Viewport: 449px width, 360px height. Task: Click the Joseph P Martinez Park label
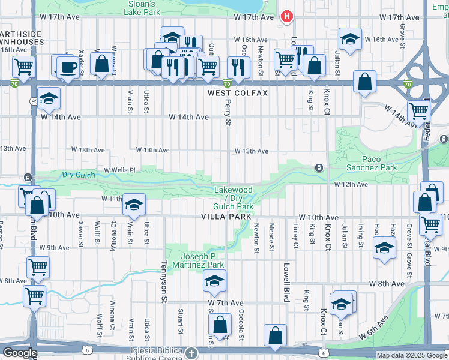[x=194, y=260]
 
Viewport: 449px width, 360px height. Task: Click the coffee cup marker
[x=66, y=67]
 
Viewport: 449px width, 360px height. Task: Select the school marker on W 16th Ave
[x=350, y=40]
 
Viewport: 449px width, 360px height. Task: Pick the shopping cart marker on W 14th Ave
[x=418, y=111]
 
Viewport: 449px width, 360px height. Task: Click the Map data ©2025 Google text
[x=412, y=355]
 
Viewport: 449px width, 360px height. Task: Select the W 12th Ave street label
[x=351, y=184]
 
